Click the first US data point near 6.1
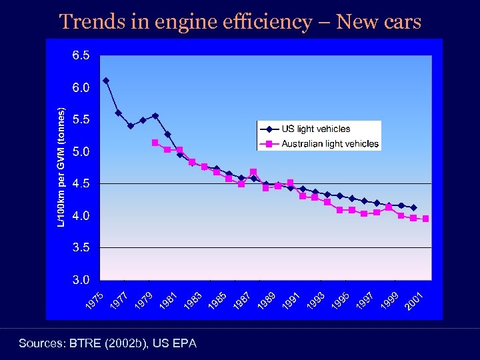click(x=106, y=81)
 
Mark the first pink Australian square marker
click(x=155, y=143)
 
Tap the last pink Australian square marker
click(x=425, y=219)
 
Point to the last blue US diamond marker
click(x=413, y=208)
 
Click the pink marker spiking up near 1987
click(x=253, y=172)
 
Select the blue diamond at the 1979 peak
click(x=155, y=115)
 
